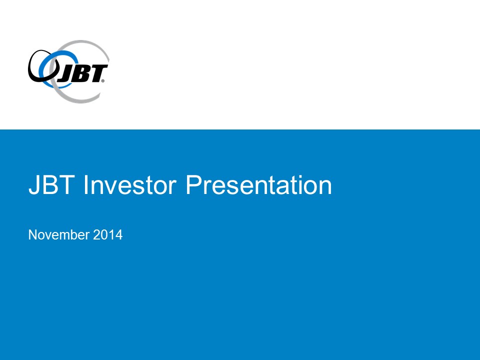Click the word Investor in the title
130,185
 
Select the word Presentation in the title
258,185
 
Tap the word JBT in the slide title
51,185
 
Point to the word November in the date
59,235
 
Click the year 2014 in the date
108,235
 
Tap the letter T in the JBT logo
97,73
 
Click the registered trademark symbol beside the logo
103,81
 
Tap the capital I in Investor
86,184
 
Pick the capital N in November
33,235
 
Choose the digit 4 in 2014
119,235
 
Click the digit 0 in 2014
104,235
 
